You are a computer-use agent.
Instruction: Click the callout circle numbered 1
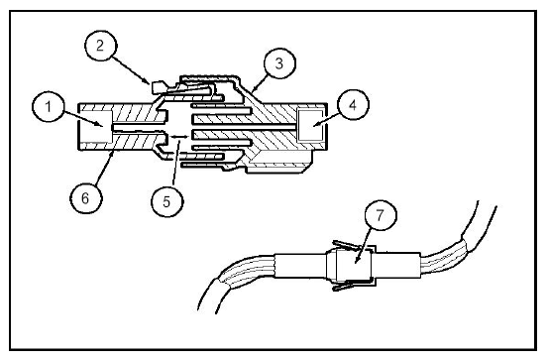pos(49,106)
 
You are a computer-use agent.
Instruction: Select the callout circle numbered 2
pos(100,46)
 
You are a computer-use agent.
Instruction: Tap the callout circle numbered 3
pos(279,63)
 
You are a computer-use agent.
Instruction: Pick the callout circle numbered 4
pos(353,105)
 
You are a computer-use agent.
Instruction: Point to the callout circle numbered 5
pos(166,201)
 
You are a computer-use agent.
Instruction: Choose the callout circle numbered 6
pos(85,198)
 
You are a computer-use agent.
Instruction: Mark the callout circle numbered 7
pos(381,215)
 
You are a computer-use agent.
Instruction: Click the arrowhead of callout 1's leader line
pos(100,124)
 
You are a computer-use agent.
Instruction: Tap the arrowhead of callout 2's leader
pos(148,81)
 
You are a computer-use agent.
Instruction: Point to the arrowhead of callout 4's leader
pos(316,124)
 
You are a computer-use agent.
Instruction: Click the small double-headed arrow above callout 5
pos(178,137)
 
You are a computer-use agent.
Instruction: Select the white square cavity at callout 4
pos(309,125)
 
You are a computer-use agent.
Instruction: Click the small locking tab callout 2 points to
pos(158,87)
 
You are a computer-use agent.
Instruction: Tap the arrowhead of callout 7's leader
pos(356,260)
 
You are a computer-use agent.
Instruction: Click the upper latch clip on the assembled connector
pos(347,246)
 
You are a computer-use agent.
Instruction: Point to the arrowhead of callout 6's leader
pos(112,153)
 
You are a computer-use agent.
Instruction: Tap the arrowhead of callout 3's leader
pos(254,89)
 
